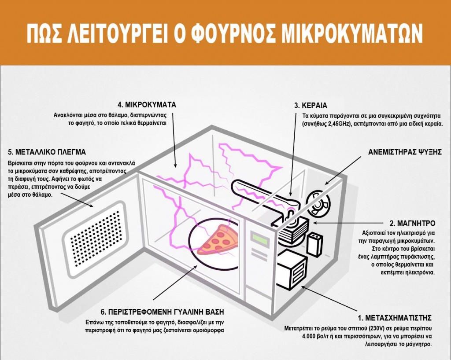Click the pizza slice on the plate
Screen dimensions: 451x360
point(216,240)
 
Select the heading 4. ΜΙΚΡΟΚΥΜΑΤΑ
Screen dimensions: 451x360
point(147,105)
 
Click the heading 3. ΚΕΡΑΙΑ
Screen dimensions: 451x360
point(311,106)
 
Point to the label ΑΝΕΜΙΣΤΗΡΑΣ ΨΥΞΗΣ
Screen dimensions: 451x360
point(405,152)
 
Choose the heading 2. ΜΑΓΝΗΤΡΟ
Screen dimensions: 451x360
point(412,223)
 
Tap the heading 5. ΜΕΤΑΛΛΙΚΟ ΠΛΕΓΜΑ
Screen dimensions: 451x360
point(47,152)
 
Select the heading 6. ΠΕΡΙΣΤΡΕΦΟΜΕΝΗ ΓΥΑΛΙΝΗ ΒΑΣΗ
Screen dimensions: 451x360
point(162,312)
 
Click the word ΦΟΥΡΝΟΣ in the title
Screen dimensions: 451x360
point(233,33)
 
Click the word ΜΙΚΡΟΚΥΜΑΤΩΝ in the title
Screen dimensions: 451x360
point(352,33)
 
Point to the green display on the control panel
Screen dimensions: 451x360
point(259,239)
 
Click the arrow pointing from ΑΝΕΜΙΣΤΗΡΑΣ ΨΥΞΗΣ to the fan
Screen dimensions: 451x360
point(343,170)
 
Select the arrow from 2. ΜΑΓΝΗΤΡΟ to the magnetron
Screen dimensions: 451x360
point(348,223)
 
